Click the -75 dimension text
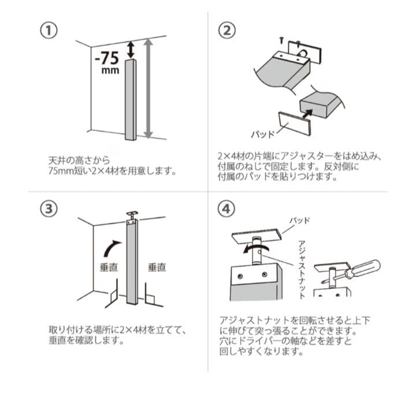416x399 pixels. (107, 58)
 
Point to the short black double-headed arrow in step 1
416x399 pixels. (131, 50)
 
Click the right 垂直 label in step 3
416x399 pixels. (157, 267)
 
